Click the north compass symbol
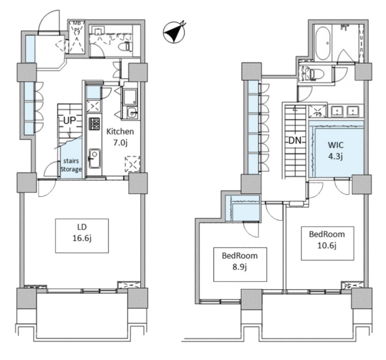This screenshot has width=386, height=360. pyautogui.click(x=174, y=32)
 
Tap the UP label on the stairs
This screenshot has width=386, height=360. pyautogui.click(x=70, y=121)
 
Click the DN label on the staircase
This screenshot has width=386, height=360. pyautogui.click(x=295, y=140)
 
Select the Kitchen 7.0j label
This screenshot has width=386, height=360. pyautogui.click(x=120, y=137)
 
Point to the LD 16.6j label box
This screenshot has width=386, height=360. pyautogui.click(x=82, y=236)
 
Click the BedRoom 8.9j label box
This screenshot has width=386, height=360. pyautogui.click(x=240, y=264)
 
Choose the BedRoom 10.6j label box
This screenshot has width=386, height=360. pyautogui.click(x=328, y=243)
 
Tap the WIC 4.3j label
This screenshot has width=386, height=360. pyautogui.click(x=335, y=150)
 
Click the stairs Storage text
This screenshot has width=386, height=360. pyautogui.click(x=71, y=165)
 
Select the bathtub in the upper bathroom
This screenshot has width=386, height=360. pyautogui.click(x=323, y=43)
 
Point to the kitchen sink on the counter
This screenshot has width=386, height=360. pyautogui.click(x=94, y=159)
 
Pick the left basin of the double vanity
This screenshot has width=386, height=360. pyautogui.click(x=336, y=111)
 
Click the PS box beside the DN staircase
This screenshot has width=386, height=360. pyautogui.click(x=318, y=111)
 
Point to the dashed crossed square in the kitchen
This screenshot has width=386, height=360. pyautogui.click(x=133, y=164)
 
